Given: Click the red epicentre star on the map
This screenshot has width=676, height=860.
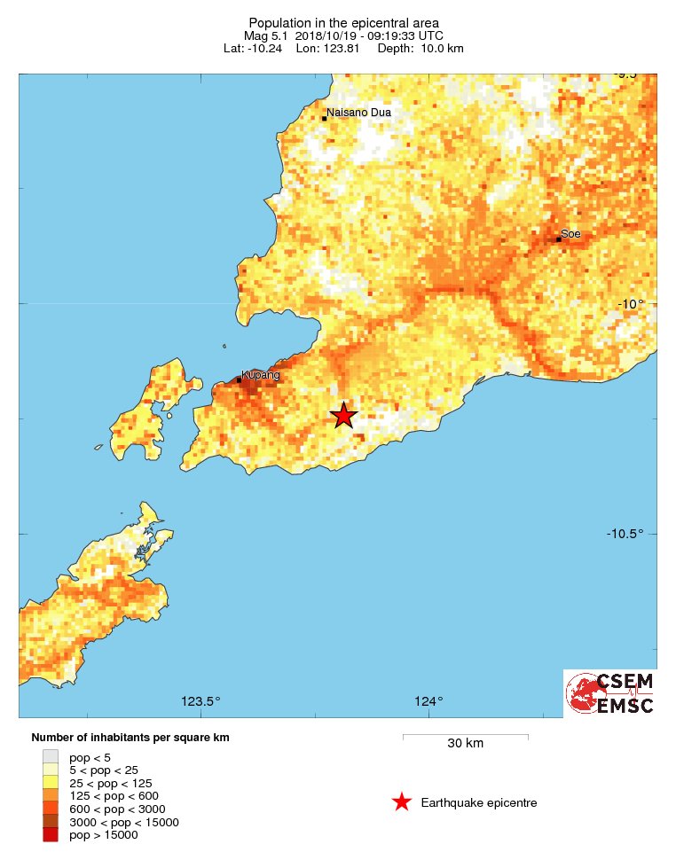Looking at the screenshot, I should (x=343, y=415).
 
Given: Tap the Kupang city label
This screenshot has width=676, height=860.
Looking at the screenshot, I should (x=261, y=375).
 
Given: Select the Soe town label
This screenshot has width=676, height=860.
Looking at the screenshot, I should (x=570, y=233).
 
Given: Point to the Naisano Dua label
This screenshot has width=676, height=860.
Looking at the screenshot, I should (x=358, y=113).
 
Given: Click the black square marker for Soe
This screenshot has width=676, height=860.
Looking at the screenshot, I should (x=559, y=239).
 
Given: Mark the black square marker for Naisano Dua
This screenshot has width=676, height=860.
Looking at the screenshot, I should (x=325, y=118).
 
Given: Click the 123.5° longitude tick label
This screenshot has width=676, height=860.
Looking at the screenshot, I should (x=200, y=701).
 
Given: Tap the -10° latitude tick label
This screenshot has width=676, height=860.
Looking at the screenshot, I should (x=630, y=304).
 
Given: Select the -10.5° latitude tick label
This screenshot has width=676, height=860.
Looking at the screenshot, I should (x=625, y=533).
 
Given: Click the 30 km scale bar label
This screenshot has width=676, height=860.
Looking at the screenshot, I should (x=465, y=743).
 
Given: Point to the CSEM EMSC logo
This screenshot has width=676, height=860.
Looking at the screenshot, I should (x=610, y=693).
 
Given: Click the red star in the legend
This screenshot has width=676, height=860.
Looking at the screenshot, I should (x=402, y=802).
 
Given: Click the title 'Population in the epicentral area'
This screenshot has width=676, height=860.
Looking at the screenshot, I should (x=343, y=22).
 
